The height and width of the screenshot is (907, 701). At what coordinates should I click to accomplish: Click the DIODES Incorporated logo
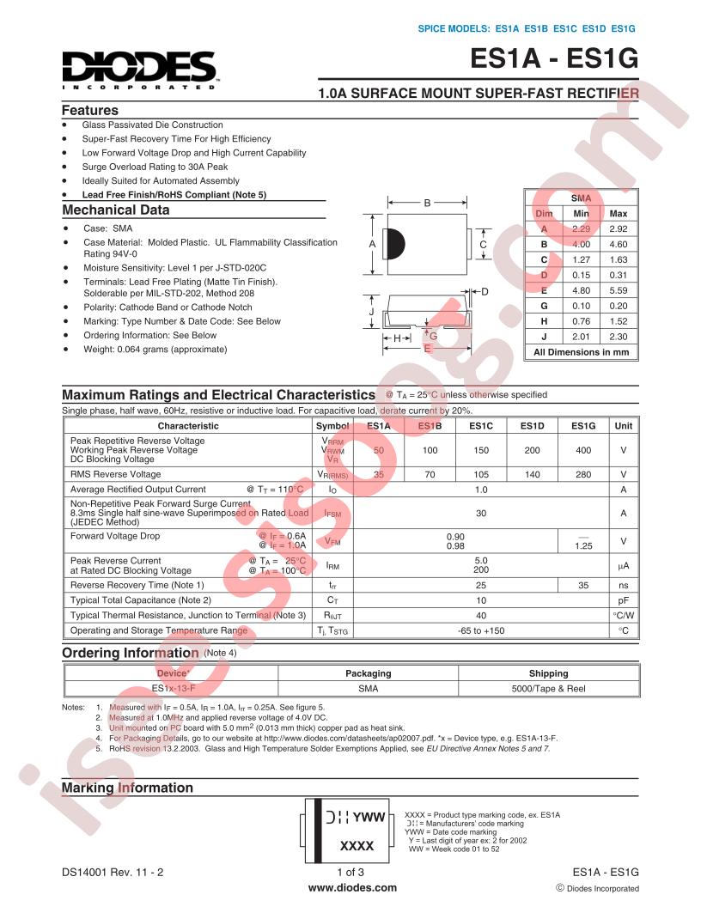pyautogui.click(x=138, y=70)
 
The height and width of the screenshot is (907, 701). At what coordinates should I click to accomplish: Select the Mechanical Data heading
pyautogui.click(x=116, y=210)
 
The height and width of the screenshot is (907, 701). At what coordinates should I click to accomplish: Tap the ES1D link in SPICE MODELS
pyautogui.click(x=594, y=29)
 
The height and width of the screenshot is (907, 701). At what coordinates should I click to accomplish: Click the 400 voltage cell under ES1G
pyautogui.click(x=583, y=450)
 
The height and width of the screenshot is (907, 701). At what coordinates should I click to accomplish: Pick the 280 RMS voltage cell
pyautogui.click(x=583, y=474)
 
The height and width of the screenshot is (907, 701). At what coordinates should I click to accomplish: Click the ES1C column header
pyautogui.click(x=480, y=426)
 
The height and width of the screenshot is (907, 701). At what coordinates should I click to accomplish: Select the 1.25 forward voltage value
pyautogui.click(x=583, y=545)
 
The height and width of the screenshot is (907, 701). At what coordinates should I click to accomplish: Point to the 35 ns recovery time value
pyautogui.click(x=583, y=585)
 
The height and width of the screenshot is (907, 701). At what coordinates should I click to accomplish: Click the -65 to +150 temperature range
pyautogui.click(x=481, y=631)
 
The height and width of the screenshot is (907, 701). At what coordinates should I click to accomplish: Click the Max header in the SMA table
pyautogui.click(x=618, y=213)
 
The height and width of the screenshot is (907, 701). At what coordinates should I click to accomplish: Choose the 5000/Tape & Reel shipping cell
pyautogui.click(x=548, y=689)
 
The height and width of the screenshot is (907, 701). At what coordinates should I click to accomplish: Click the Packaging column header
pyautogui.click(x=368, y=673)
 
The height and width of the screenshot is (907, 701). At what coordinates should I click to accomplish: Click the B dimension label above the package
pyautogui.click(x=427, y=204)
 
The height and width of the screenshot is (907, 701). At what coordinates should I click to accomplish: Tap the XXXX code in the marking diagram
pyautogui.click(x=357, y=846)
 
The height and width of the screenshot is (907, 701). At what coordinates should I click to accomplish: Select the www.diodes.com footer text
pyautogui.click(x=352, y=888)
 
